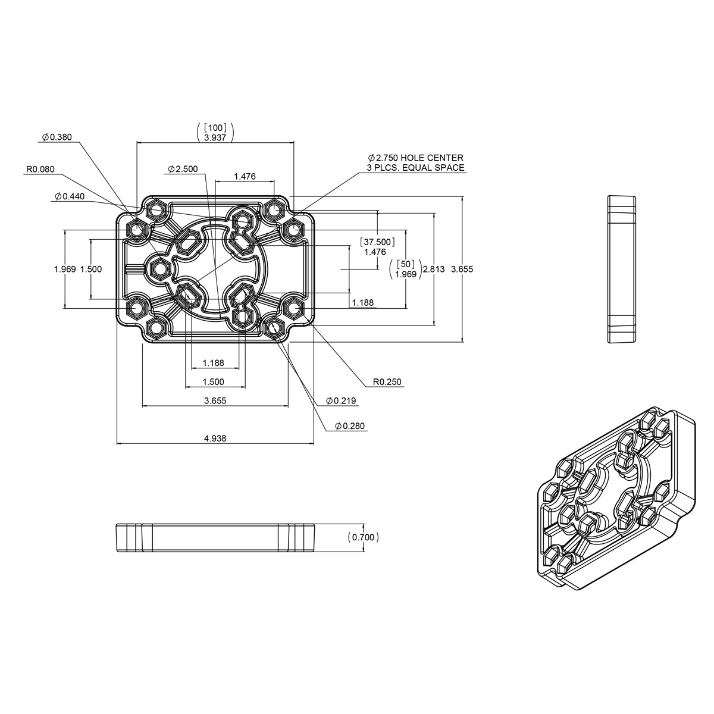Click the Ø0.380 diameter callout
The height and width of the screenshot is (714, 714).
(57, 137)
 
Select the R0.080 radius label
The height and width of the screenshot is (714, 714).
(40, 169)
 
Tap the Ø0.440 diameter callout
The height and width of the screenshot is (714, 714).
(70, 196)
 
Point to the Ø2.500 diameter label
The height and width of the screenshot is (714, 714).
(183, 169)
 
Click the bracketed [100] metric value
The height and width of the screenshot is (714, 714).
(214, 127)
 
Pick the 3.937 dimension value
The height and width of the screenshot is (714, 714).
(214, 137)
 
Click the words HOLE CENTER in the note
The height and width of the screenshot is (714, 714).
(431, 158)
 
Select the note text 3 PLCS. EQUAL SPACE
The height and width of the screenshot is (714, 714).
(416, 168)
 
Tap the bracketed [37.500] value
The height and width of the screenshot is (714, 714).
(375, 242)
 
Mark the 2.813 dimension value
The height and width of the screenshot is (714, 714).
(433, 269)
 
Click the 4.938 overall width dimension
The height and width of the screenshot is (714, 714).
(215, 439)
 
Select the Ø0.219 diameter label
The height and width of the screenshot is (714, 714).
(340, 401)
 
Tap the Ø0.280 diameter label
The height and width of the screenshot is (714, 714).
(349, 426)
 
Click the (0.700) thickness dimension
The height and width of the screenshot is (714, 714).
(363, 537)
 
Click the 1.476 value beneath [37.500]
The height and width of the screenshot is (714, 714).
(375, 252)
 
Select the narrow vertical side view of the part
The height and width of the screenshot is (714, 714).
(622, 269)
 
